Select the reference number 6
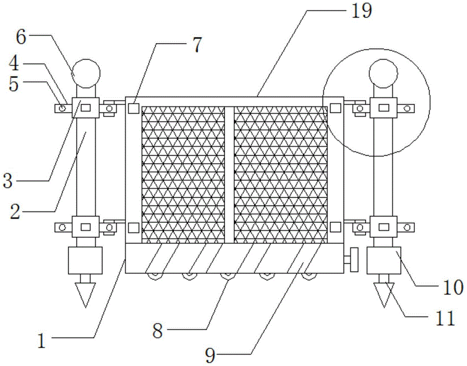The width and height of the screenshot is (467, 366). pyautogui.click(x=21, y=37)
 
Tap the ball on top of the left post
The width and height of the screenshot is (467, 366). pyautogui.click(x=86, y=73)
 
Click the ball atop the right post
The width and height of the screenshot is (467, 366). pyautogui.click(x=383, y=73)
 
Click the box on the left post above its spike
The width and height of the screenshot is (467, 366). pyautogui.click(x=85, y=261)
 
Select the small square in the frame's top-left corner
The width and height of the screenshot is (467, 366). pyautogui.click(x=134, y=108)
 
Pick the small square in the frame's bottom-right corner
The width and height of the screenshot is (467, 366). pyautogui.click(x=335, y=228)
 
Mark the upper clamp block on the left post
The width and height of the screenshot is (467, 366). pyautogui.click(x=86, y=108)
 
